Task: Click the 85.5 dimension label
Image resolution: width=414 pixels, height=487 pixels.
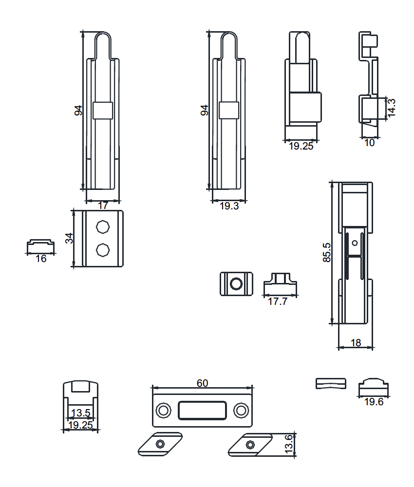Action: point(327,252)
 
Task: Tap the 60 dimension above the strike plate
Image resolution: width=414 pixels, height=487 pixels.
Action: point(202,383)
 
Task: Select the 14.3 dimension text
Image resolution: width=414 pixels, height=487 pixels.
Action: point(391,108)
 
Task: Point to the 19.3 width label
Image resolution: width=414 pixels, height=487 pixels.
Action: point(229,206)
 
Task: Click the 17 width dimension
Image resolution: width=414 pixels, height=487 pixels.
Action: point(103,206)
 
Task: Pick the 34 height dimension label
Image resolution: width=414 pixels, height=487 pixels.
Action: point(69,238)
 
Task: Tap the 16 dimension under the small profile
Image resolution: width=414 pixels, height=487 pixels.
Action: point(41,259)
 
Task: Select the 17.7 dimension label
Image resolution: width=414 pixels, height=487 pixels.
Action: point(277,301)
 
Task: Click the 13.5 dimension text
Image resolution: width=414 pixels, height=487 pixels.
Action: point(80,413)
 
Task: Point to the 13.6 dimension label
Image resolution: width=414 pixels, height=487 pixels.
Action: point(288,444)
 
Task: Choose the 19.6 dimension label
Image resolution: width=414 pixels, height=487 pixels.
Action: point(374,402)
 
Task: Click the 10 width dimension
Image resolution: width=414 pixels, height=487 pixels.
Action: point(369,143)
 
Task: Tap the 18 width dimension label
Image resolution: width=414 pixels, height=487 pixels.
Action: point(356,342)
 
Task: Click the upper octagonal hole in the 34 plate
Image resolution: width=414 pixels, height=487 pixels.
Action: point(102,226)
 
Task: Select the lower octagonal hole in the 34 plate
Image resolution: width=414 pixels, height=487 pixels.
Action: point(102,250)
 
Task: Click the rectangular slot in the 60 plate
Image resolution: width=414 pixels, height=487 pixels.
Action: point(202,410)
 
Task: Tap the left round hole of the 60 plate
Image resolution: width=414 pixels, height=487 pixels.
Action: point(163,410)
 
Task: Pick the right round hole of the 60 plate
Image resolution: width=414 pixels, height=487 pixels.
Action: point(241,410)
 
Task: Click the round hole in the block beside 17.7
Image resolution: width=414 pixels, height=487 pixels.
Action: point(236,284)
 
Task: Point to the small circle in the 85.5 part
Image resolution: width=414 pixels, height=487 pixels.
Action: point(355,243)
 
